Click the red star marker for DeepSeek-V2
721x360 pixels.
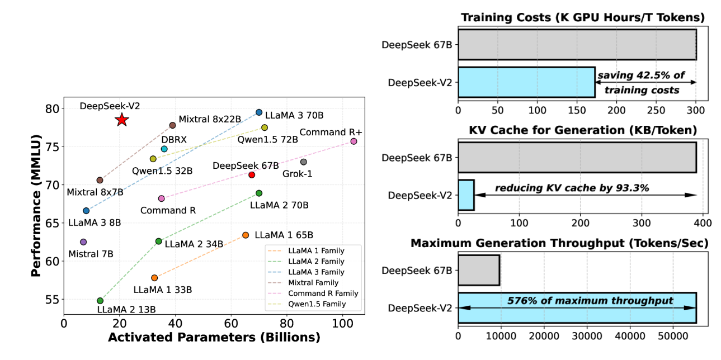point(122,120)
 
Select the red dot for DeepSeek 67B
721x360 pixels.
point(252,175)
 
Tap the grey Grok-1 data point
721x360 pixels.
point(303,162)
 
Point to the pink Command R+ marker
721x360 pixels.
point(354,141)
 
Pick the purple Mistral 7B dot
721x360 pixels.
point(83,242)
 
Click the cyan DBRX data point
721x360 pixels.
point(164,149)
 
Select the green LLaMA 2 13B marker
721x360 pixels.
point(100,301)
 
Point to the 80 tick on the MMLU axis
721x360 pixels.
point(51,108)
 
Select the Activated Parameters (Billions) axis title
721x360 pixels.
point(214,338)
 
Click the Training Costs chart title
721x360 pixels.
point(582,17)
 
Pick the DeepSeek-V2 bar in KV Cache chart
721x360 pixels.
point(466,195)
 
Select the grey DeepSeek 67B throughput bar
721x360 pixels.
point(479,270)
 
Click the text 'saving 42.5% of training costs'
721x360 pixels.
point(641,83)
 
